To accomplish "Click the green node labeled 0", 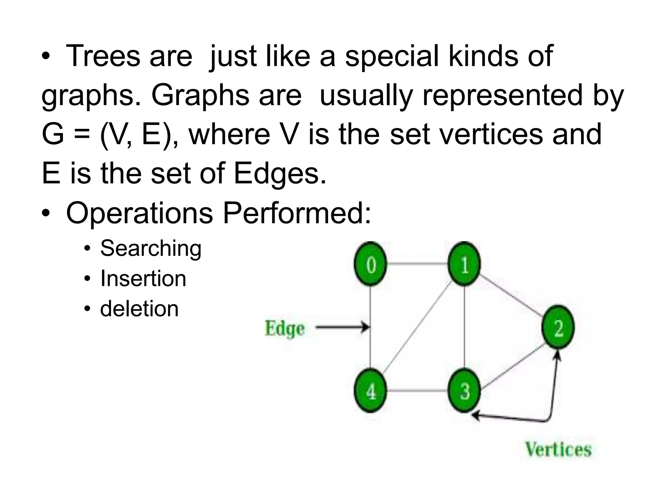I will (370, 264).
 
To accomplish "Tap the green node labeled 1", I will (464, 264).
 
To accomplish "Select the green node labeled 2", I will (558, 327).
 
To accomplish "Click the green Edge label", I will (284, 329).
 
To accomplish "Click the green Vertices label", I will (558, 449).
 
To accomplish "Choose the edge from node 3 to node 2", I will (512, 367).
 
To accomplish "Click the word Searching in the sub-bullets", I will (151, 248).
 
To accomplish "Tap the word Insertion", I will (143, 278).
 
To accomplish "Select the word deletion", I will (139, 309).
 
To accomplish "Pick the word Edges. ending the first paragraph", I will (280, 174).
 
